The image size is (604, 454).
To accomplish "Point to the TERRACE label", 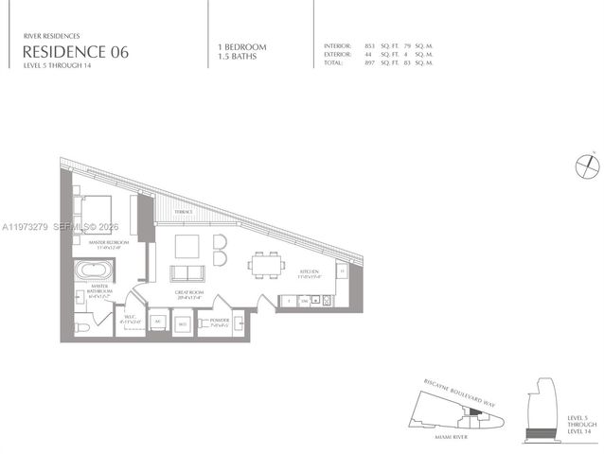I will tap(183, 212).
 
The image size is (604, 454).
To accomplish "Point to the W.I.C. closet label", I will tap(130, 320).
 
